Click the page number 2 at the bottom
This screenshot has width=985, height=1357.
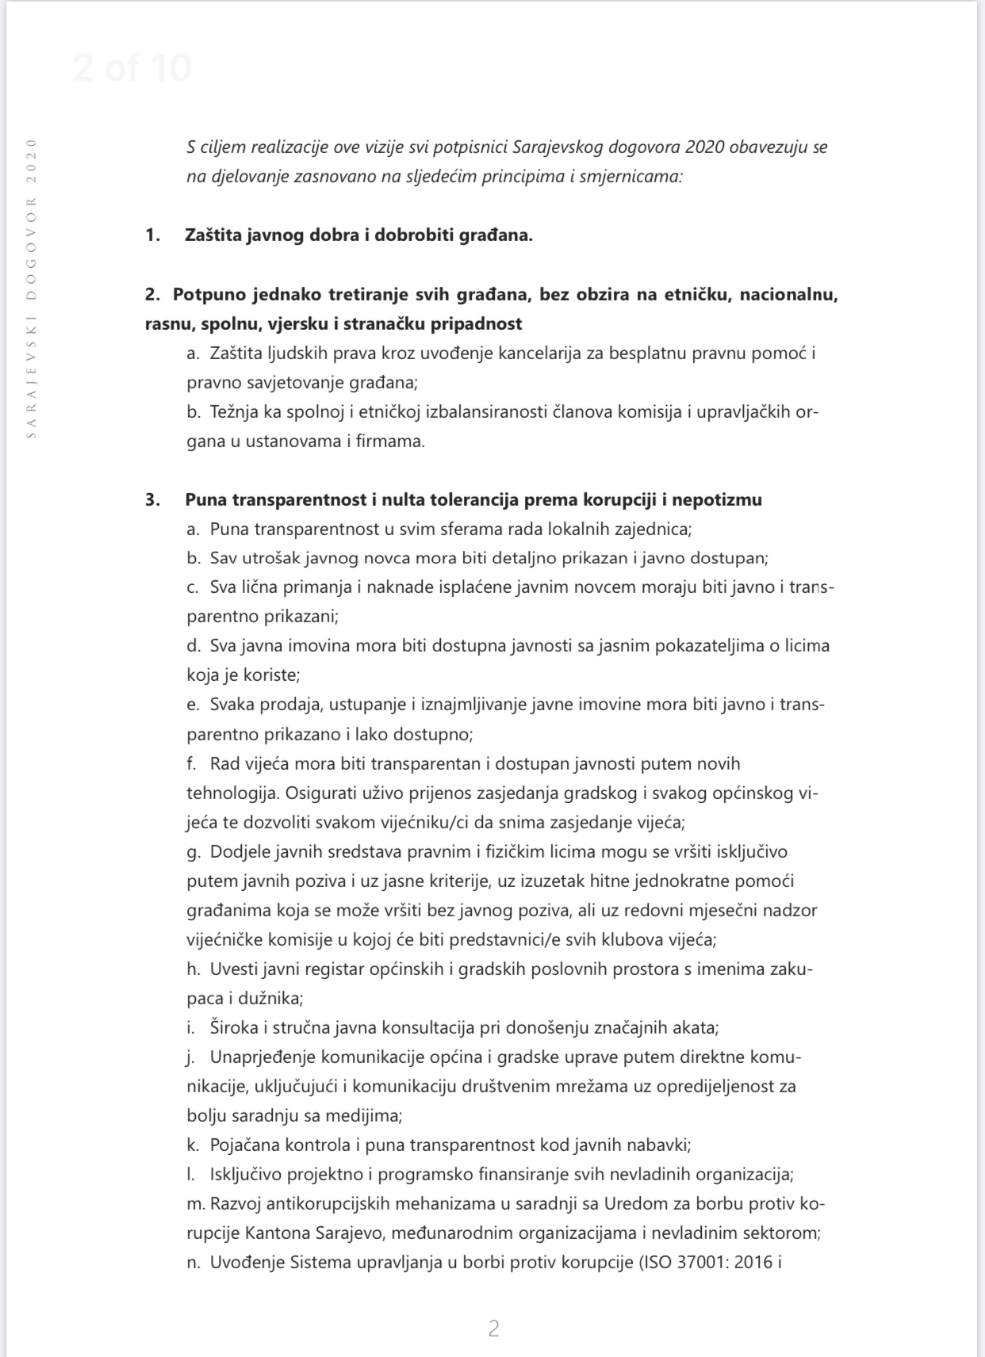point(493,1329)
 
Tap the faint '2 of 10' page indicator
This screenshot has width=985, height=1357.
point(132,68)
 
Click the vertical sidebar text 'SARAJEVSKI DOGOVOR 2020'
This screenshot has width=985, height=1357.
point(32,289)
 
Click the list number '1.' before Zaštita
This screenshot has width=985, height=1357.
point(153,235)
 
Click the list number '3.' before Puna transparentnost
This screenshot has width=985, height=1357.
point(153,500)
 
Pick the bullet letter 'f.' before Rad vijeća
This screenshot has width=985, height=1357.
point(192,764)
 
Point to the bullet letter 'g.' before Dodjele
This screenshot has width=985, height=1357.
point(193,852)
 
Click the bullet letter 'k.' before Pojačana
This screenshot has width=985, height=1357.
point(192,1145)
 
